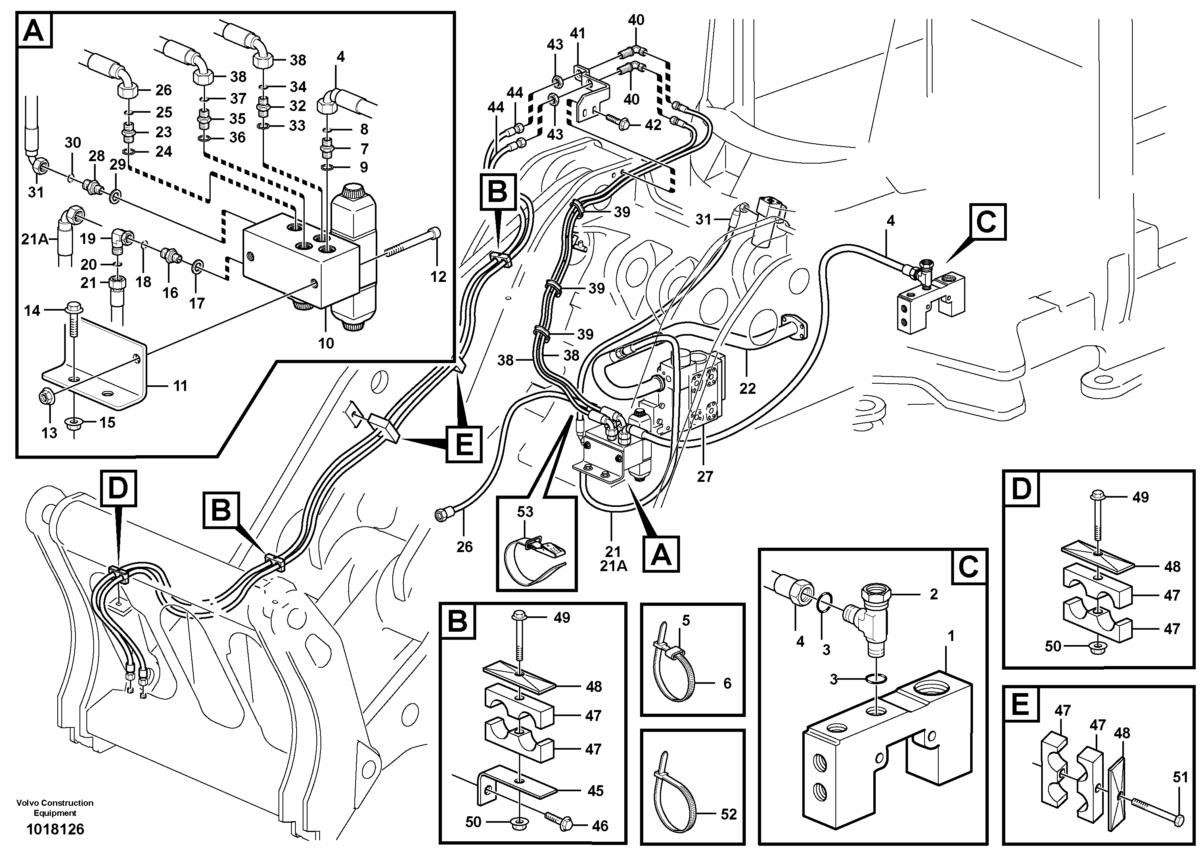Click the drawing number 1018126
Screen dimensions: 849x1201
(55, 829)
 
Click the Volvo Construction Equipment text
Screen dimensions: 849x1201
(55, 808)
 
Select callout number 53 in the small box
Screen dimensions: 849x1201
(525, 511)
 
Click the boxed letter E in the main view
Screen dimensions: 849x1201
(463, 444)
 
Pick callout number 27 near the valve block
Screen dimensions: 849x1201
(705, 476)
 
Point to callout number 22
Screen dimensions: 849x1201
(747, 389)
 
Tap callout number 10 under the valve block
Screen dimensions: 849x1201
(326, 343)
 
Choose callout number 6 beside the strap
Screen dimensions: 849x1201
(727, 683)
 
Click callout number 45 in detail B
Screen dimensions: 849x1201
(595, 791)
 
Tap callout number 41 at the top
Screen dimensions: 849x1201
(577, 34)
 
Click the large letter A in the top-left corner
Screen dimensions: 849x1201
(35, 31)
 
